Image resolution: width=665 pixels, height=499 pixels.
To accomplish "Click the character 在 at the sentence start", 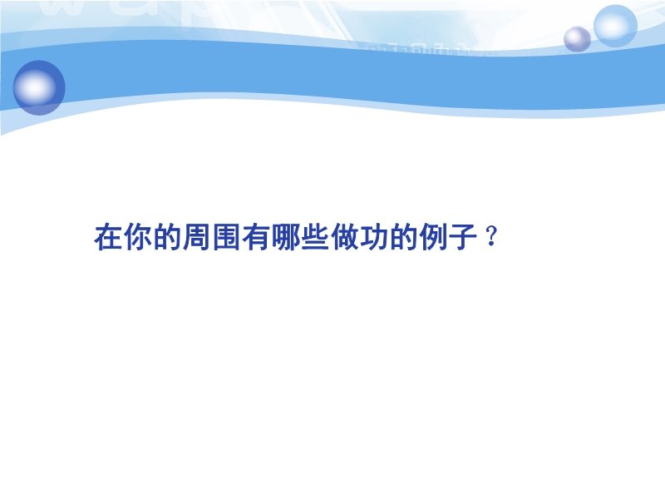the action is [x=108, y=237].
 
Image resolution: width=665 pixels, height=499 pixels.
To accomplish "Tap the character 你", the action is [x=138, y=237].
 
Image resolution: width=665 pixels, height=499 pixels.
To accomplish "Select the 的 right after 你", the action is [x=168, y=237].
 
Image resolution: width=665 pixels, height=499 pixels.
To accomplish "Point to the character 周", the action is [x=197, y=237].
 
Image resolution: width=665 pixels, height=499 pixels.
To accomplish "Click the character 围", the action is [x=226, y=237].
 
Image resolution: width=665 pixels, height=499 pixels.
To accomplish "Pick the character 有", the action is [x=256, y=237].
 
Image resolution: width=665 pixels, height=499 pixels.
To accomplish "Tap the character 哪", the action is [x=286, y=237].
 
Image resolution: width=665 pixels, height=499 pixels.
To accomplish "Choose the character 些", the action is [x=315, y=237].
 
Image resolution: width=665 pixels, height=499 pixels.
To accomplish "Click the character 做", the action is [x=345, y=237].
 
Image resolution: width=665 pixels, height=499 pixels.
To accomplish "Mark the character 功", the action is [x=375, y=237].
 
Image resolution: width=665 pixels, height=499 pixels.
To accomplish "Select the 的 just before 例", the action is [x=404, y=237].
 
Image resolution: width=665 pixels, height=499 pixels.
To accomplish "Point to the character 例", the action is [x=433, y=237].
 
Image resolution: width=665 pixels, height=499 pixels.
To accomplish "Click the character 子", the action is [x=463, y=237].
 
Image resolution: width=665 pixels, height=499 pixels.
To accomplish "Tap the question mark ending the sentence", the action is [x=491, y=236].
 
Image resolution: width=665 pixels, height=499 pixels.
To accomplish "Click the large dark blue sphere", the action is [x=39, y=88].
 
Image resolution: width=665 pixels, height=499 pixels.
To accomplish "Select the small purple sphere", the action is [x=577, y=39].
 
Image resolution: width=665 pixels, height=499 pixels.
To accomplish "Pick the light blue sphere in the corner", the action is [x=615, y=26].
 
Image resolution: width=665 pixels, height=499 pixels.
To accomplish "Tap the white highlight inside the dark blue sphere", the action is [x=35, y=87].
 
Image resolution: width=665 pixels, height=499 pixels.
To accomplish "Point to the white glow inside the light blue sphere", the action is [x=613, y=26].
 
